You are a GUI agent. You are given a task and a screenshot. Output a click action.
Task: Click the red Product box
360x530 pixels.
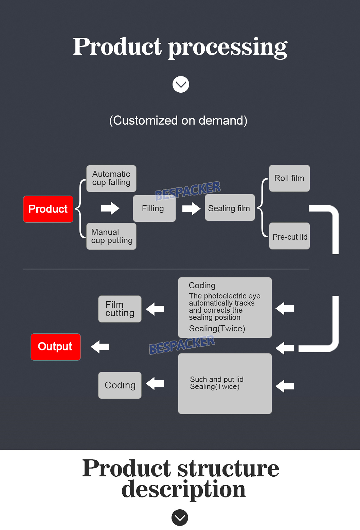(x=48, y=209)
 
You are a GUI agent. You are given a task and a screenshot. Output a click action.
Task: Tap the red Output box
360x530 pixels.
(x=56, y=347)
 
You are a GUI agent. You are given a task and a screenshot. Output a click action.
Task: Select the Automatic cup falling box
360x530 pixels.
(x=111, y=179)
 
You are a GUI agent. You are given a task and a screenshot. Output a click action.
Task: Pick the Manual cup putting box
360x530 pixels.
(x=111, y=236)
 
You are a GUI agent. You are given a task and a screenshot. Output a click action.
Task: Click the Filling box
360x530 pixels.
(x=154, y=208)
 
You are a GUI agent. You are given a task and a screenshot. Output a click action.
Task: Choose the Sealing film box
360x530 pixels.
(x=230, y=208)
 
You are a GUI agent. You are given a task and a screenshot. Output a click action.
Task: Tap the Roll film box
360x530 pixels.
(x=289, y=178)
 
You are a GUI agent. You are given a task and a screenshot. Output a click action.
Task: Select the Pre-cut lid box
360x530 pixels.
(x=289, y=236)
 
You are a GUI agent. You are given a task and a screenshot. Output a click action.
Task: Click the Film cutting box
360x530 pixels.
(x=120, y=309)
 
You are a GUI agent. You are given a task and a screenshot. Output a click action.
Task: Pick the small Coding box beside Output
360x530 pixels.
(x=120, y=385)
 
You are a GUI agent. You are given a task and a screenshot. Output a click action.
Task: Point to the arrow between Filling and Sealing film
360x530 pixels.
(x=191, y=208)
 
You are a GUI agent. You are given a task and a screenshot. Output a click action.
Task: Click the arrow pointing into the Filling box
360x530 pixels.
(x=110, y=208)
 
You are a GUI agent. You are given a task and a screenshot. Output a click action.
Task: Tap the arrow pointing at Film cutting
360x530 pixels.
(x=155, y=309)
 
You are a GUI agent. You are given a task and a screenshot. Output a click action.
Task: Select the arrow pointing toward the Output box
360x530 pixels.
(x=100, y=347)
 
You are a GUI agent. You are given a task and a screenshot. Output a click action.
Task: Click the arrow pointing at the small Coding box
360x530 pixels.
(x=155, y=384)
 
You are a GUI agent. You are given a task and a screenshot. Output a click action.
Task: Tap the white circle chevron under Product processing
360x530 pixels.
(x=181, y=85)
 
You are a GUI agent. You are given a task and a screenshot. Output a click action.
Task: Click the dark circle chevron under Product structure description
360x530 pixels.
(x=180, y=517)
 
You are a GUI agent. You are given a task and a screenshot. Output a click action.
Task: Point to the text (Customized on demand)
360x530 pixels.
(x=178, y=121)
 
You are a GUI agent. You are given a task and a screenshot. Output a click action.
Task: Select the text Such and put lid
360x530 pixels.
(x=217, y=379)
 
